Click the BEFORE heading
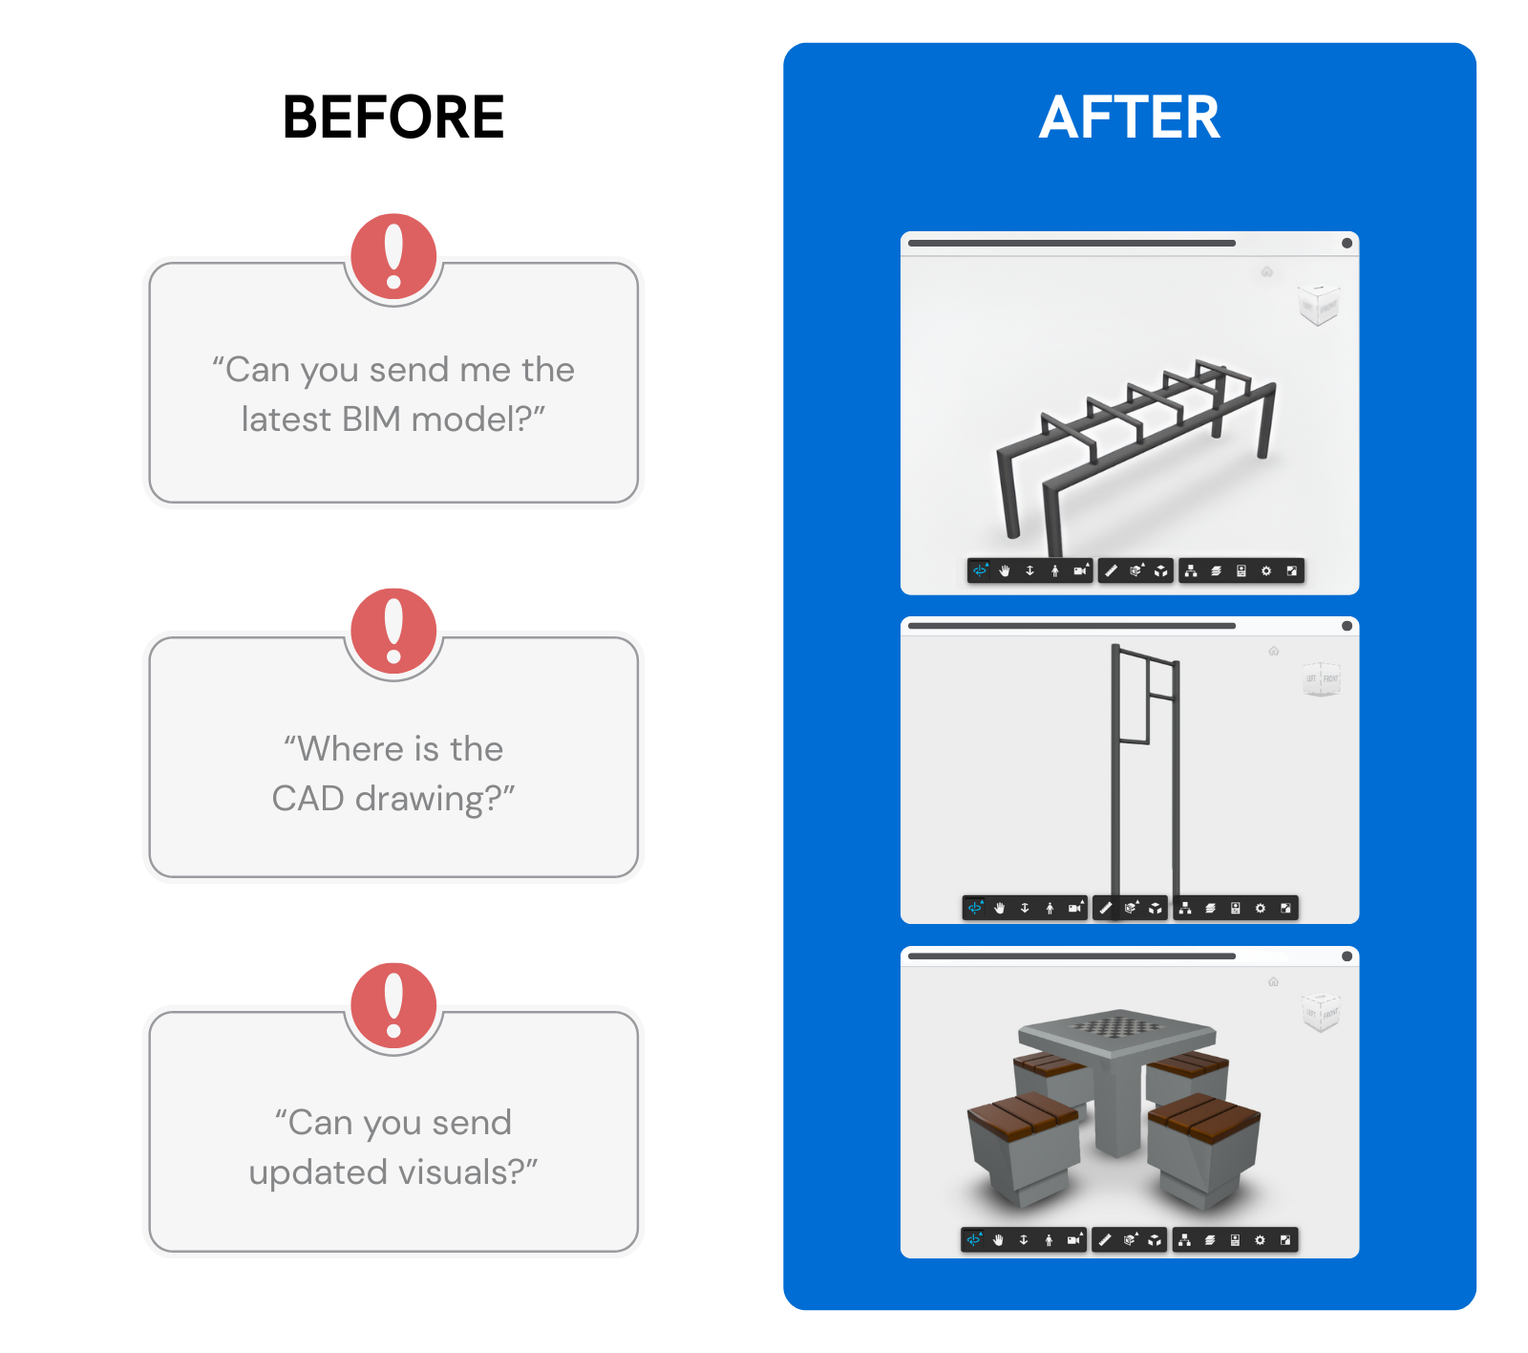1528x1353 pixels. (393, 118)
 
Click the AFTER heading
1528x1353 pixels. (1130, 118)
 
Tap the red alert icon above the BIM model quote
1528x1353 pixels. (393, 255)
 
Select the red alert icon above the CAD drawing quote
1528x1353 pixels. (393, 630)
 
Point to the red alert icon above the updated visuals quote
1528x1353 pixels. (393, 1004)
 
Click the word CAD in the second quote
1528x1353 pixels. (308, 799)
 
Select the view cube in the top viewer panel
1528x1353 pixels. (1319, 305)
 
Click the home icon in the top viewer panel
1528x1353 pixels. (1267, 272)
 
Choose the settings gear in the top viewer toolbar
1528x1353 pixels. (1266, 571)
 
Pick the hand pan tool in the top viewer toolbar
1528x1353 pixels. (1005, 571)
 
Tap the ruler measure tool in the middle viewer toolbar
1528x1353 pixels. (1105, 908)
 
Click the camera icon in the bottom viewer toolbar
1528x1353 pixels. (1074, 1240)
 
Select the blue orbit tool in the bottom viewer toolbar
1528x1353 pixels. (974, 1240)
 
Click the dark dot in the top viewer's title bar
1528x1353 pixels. (1347, 244)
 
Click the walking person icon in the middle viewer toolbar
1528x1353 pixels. (1050, 908)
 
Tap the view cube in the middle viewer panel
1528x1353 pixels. (1322, 679)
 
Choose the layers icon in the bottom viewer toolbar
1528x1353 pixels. (1210, 1240)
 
